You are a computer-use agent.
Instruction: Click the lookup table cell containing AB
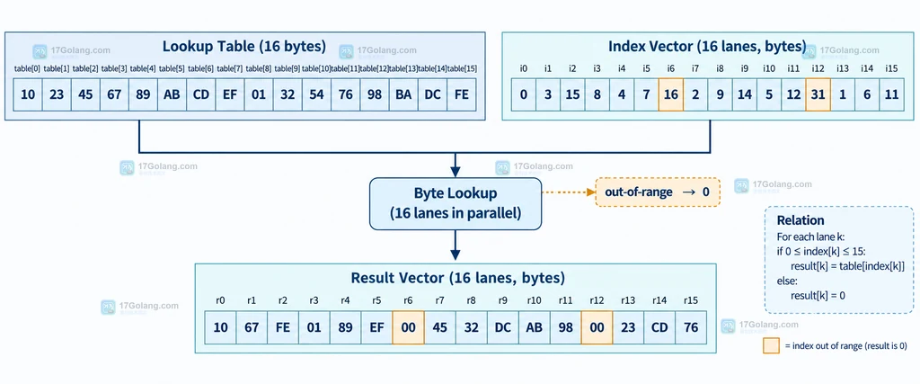coord(172,94)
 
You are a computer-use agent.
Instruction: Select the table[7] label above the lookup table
coord(230,68)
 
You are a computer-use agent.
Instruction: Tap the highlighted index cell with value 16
coord(670,94)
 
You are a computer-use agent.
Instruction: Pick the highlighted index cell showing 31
coord(818,94)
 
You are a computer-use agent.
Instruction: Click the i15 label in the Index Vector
coord(891,68)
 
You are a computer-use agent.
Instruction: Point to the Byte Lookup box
coord(456,203)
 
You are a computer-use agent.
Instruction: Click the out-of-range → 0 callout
coord(657,192)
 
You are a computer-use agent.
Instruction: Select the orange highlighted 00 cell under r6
coord(409,327)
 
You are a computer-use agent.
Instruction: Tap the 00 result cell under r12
coord(597,327)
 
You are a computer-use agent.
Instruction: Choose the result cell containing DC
coord(503,327)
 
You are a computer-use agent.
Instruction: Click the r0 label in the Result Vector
coord(220,300)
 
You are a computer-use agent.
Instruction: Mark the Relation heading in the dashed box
coord(801,220)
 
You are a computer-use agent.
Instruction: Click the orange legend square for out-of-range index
coord(771,345)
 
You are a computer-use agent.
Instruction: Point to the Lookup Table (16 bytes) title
coord(244,47)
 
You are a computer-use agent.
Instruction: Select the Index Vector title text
coord(707,47)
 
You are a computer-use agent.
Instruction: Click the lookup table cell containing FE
coord(462,94)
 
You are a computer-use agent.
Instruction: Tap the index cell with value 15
coord(572,94)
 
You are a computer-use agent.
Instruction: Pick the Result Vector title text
coord(457,277)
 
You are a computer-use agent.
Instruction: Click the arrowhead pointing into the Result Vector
coord(456,255)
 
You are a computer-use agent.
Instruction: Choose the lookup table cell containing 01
coord(259,94)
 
